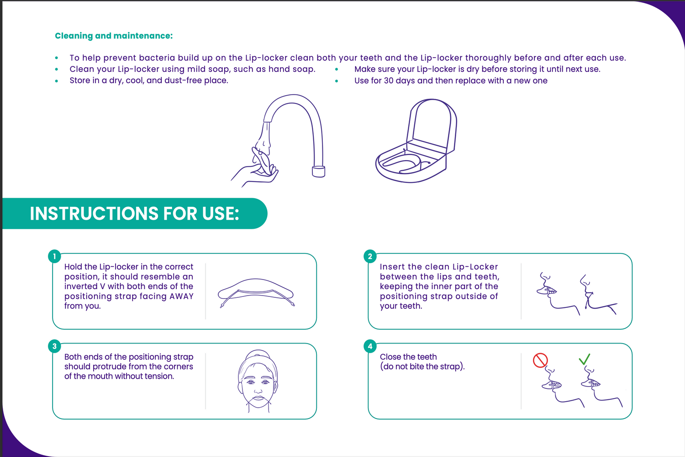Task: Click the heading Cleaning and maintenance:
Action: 114,36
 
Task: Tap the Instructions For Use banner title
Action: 134,214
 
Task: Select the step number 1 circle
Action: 54,256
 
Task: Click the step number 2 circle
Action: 370,256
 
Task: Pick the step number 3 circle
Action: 54,346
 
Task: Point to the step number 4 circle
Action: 370,346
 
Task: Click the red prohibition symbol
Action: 540,360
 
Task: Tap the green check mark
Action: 585,359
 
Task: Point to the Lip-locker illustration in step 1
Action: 256,292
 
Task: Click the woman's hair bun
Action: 258,355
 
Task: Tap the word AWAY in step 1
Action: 181,296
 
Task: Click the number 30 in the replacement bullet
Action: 388,81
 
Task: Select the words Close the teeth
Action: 408,357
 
